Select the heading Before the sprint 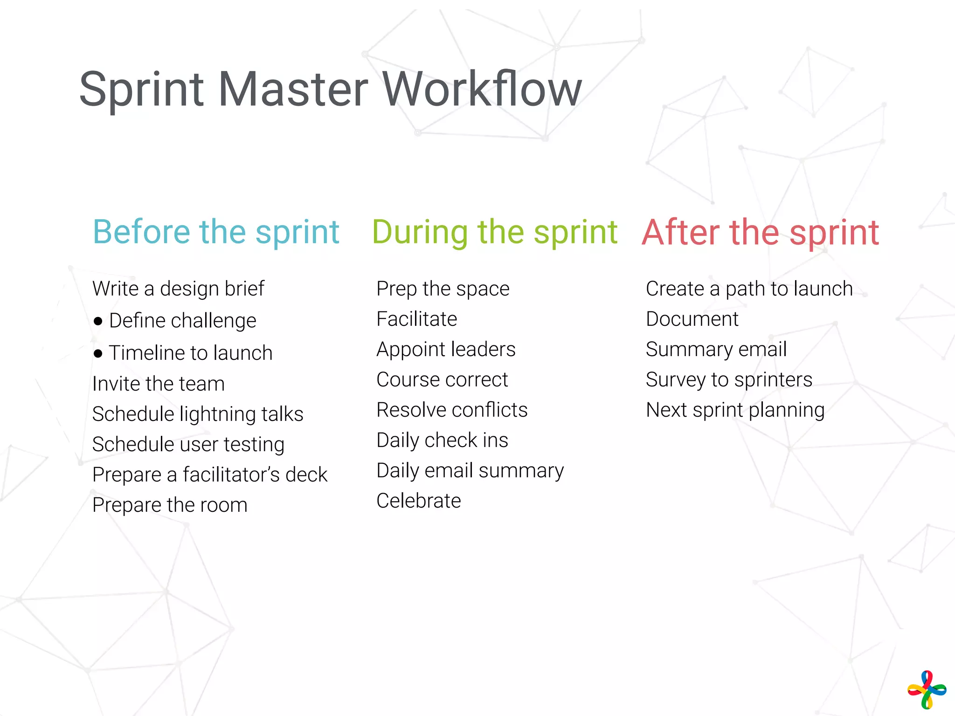point(216,232)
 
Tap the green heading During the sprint point(494,232)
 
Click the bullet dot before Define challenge point(98,321)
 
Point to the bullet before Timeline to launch point(98,353)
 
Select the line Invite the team point(159,384)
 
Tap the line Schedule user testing point(188,444)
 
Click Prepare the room point(170,505)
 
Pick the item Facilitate point(416,319)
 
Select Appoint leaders point(446,349)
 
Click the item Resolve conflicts point(452,410)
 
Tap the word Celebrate point(419,501)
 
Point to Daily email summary point(470,470)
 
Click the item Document point(692,319)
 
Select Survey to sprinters point(729,379)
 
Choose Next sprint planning point(735,410)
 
